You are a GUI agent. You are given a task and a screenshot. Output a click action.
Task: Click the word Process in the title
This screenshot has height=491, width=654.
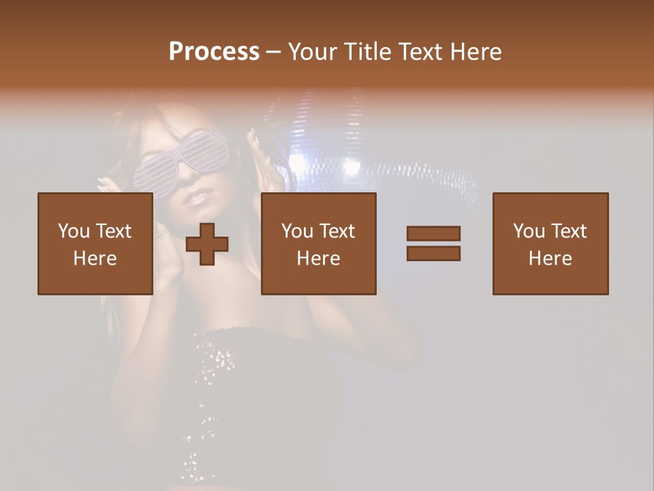214,52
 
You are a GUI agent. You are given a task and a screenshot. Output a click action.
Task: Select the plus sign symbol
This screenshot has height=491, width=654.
207,244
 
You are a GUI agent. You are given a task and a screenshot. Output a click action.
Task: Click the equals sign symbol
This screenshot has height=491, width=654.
433,243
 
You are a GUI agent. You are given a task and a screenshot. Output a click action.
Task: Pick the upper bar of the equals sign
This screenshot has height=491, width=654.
433,234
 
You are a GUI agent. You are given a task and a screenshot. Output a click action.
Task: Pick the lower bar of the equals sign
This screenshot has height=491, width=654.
433,253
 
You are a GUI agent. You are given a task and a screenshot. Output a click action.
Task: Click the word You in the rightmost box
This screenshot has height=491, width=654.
528,231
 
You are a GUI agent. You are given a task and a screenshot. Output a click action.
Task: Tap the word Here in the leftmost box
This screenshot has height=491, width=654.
95,258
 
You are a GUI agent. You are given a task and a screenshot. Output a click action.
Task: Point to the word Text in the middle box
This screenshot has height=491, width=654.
337,231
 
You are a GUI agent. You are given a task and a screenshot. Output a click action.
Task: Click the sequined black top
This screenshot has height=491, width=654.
225,382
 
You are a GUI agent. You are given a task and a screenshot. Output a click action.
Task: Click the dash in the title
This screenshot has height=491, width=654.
274,52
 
